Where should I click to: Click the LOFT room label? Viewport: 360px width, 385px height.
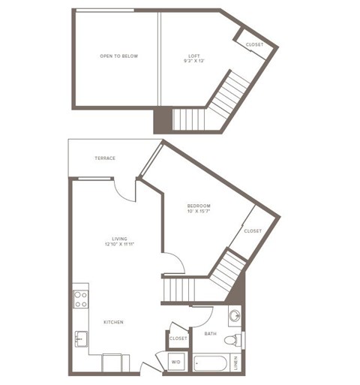(x=193, y=56)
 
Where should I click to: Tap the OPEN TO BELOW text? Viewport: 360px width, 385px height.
(x=119, y=56)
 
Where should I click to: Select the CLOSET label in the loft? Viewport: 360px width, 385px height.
(x=254, y=44)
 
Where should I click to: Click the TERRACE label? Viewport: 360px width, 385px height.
(x=104, y=158)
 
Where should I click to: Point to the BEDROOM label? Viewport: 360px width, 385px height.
(x=199, y=205)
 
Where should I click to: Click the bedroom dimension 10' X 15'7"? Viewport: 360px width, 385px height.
(x=199, y=212)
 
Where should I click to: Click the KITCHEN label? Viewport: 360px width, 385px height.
(x=114, y=322)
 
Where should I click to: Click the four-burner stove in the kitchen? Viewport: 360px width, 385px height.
(x=80, y=299)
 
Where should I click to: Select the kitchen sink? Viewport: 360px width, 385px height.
(x=81, y=339)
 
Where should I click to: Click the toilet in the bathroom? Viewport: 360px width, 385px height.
(x=235, y=339)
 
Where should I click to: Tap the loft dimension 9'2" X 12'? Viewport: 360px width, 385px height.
(x=193, y=62)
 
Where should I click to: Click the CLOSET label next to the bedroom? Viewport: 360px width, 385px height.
(x=253, y=230)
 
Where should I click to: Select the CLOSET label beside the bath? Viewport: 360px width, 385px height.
(x=178, y=338)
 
